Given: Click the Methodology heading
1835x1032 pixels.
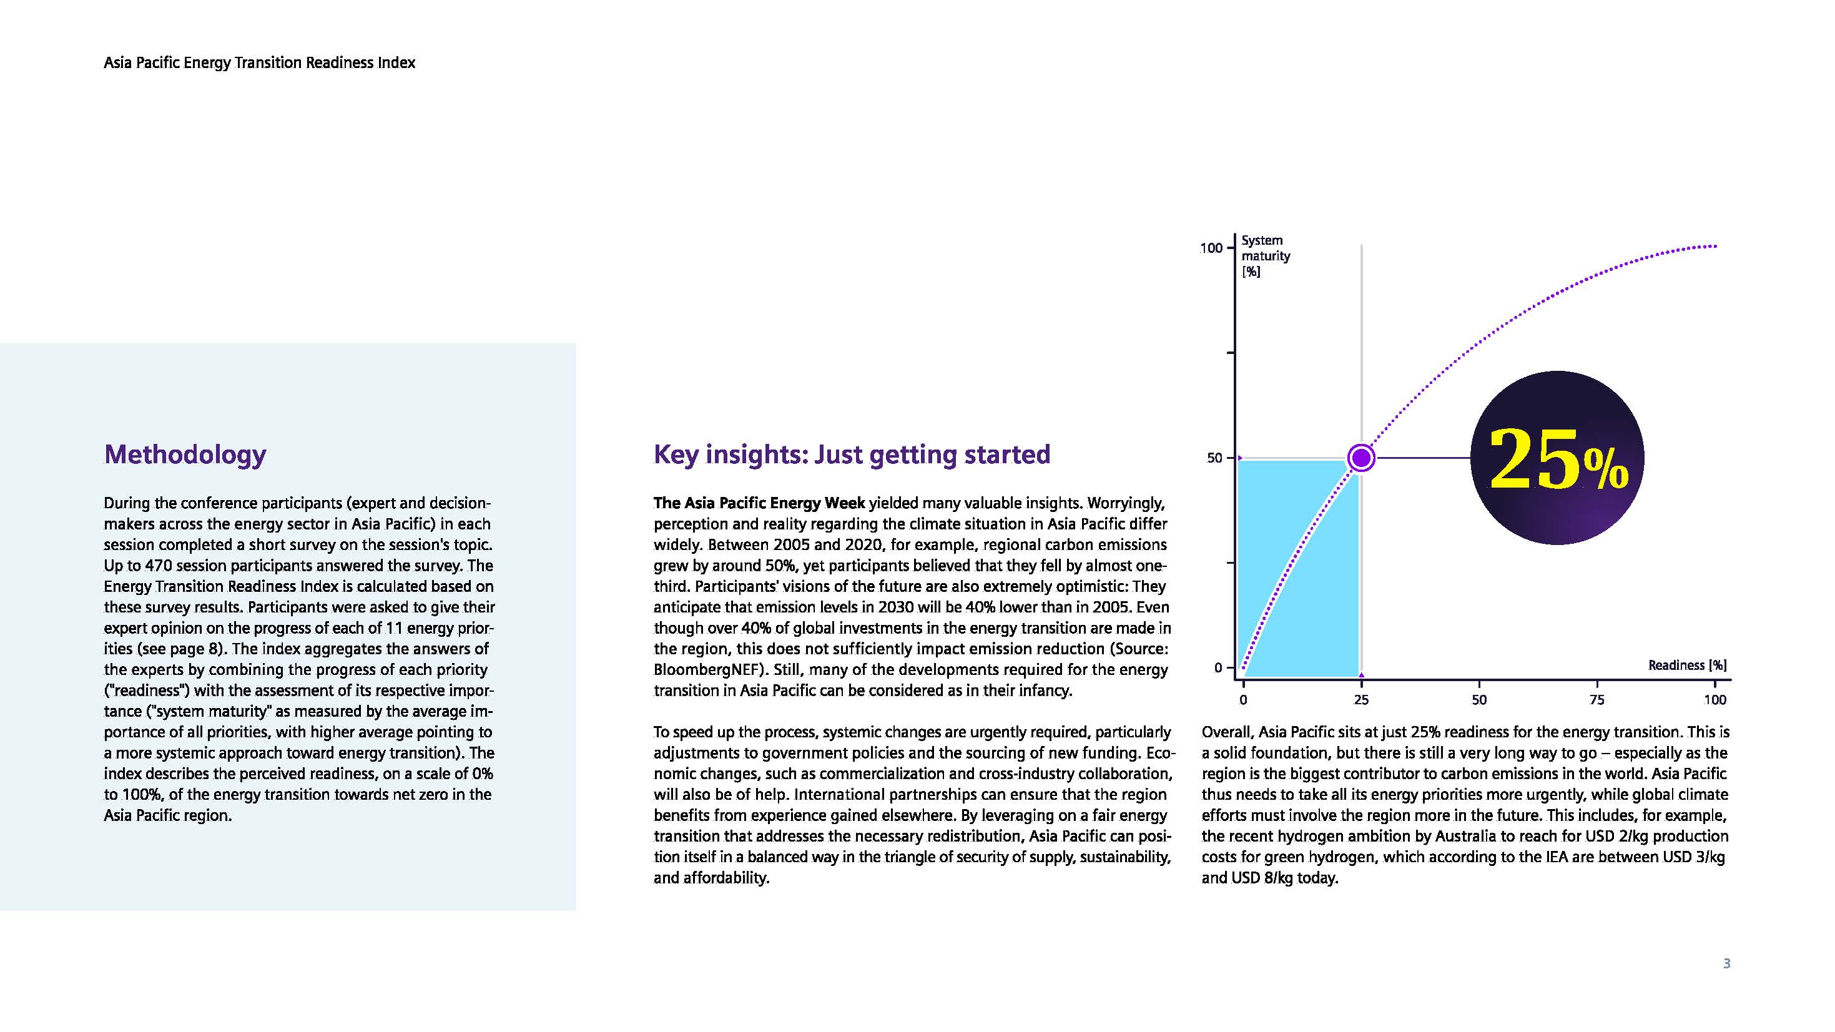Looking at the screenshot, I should click(185, 455).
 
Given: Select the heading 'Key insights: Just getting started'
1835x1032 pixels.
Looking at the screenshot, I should click(851, 455).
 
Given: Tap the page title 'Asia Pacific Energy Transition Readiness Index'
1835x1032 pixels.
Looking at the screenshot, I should click(259, 62).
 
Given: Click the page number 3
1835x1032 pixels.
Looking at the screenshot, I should click(1726, 963).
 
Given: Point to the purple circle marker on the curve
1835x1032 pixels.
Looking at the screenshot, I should click(1360, 458).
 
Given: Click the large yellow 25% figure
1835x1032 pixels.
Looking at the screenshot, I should click(1558, 459).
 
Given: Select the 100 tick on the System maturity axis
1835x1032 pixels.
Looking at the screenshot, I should click(1211, 248).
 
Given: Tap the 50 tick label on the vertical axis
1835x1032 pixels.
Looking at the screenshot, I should click(1214, 458).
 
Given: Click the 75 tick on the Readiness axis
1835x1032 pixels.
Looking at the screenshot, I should click(1597, 699).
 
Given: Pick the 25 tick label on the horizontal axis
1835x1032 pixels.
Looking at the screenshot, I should click(1360, 699).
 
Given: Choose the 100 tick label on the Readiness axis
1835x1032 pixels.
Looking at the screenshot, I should click(1714, 699).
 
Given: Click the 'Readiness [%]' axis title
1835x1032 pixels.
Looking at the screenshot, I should click(1687, 665).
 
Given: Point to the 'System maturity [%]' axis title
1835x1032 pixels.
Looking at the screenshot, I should click(1265, 256).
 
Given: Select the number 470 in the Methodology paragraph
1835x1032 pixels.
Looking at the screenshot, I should click(158, 566).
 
